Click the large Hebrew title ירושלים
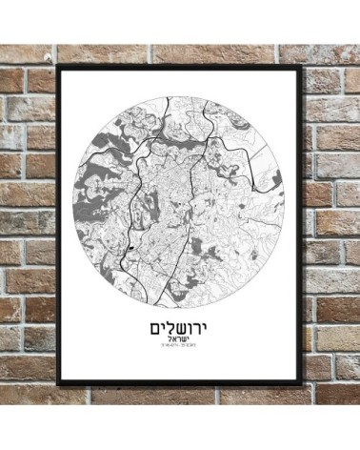point(179,328)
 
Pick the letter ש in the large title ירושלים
point(183,329)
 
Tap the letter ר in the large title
point(199,329)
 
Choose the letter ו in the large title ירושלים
point(191,329)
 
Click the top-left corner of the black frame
point(58,65)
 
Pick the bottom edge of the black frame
point(179,383)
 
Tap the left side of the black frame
point(59,224)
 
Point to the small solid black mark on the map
point(127,249)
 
